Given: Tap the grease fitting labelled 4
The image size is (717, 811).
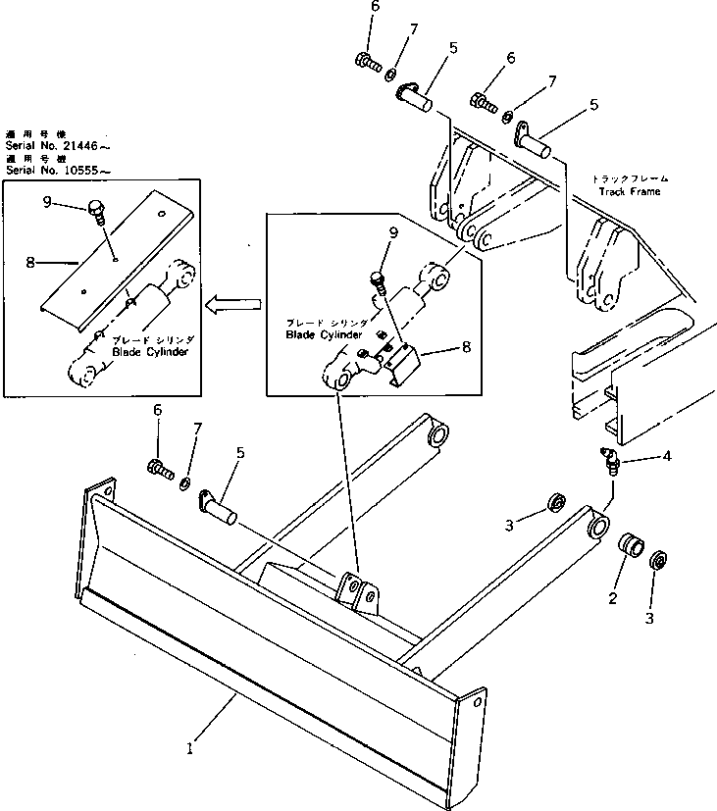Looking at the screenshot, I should pyautogui.click(x=611, y=461).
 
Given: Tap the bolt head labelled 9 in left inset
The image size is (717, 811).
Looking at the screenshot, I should pyautogui.click(x=94, y=207).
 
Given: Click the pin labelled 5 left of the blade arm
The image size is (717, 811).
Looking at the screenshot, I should pyautogui.click(x=218, y=505).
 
